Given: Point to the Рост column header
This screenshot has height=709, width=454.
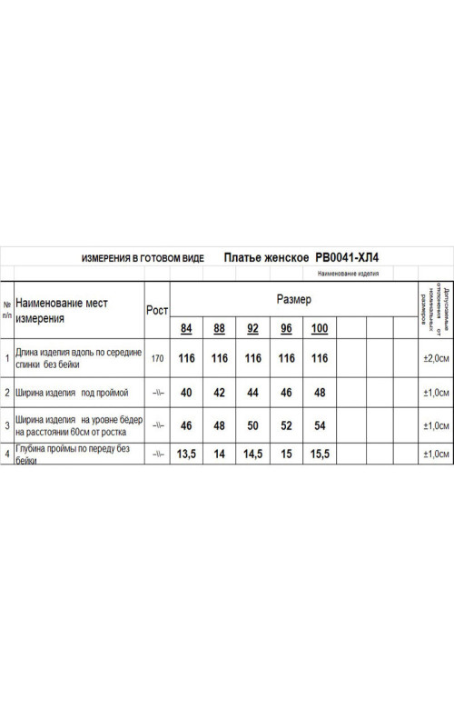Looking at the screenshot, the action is tap(157, 310).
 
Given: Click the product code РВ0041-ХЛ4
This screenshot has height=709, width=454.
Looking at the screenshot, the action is tap(348, 258).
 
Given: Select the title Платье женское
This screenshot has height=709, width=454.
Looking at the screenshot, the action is tap(266, 258).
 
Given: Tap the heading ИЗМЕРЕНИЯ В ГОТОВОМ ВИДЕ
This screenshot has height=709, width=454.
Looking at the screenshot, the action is tap(143, 259).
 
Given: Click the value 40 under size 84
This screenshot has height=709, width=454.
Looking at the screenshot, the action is tap(186, 394).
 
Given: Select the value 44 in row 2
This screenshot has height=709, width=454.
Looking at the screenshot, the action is tap(252, 394).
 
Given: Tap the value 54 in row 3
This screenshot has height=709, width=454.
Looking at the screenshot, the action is tap(320, 425).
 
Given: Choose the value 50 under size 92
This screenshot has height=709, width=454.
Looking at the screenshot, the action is tap(252, 425).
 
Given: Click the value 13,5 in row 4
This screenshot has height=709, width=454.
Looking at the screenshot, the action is tap(186, 453).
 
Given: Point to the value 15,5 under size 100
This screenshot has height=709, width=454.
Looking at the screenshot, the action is tap(320, 453).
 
